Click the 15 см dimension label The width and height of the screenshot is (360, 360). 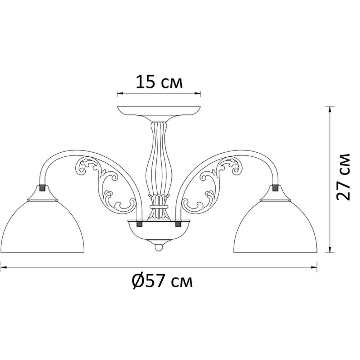coord(159,82)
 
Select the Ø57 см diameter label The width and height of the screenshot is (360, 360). coord(162,281)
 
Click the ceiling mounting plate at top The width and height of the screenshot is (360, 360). coord(159,110)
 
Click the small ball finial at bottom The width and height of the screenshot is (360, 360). coord(159,248)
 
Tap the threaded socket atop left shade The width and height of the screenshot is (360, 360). coord(42,188)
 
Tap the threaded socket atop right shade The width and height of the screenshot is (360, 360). coord(275,188)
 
